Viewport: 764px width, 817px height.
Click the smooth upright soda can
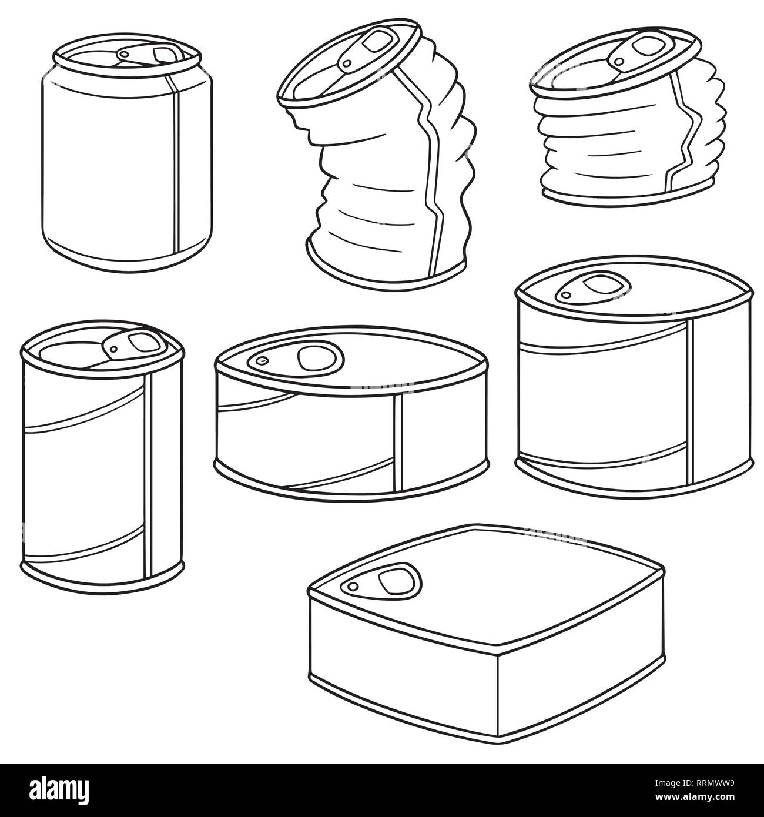(x=126, y=170)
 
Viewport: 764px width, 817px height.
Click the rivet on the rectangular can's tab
(x=353, y=587)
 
